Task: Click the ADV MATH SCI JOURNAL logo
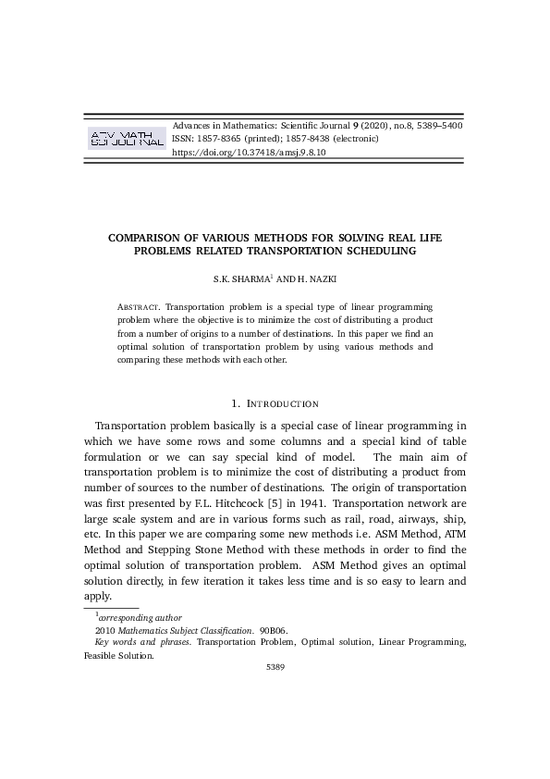click(125, 139)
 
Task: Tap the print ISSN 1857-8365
click(219, 139)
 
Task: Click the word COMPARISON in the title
click(153, 237)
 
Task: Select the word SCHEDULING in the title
click(380, 250)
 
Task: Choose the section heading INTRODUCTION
click(281, 403)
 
